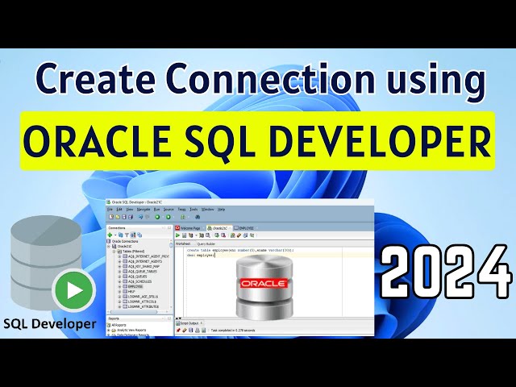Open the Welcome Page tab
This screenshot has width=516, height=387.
point(192,228)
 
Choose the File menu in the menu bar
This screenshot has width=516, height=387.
point(110,209)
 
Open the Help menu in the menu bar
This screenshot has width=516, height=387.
point(221,209)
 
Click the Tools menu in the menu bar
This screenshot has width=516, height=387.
point(192,209)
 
